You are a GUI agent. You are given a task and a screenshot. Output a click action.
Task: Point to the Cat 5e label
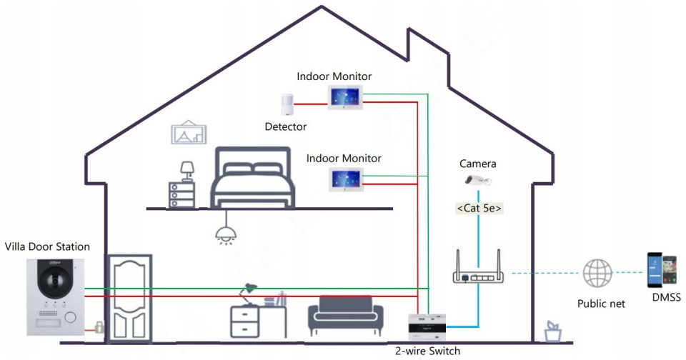click(478, 209)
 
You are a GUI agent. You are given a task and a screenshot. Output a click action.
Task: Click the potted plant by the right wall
click(551, 331)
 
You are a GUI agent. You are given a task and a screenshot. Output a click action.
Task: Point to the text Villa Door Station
click(47, 246)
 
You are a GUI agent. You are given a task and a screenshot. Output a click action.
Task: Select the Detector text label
click(285, 126)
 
